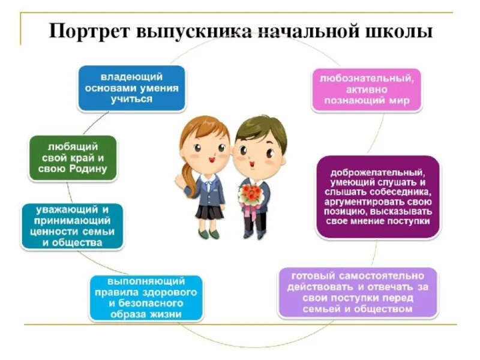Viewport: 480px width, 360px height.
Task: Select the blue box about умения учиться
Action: (131, 88)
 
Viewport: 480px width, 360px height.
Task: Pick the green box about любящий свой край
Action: (73, 157)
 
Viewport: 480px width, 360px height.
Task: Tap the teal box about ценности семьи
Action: (72, 226)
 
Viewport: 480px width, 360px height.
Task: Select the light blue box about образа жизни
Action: (146, 298)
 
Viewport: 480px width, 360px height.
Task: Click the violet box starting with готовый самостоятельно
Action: (359, 293)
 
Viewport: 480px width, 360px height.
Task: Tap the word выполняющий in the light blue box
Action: (146, 281)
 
